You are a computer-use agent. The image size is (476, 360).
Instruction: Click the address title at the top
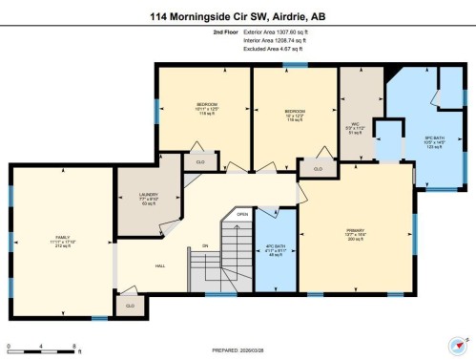238,15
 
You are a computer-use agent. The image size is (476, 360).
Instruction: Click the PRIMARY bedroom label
356,230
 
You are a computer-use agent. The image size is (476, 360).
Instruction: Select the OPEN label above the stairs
243,215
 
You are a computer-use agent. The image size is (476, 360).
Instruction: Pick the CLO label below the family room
128,307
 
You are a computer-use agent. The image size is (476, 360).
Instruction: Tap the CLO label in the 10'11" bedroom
200,161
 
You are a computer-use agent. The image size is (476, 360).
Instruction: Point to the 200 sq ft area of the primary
356,239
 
